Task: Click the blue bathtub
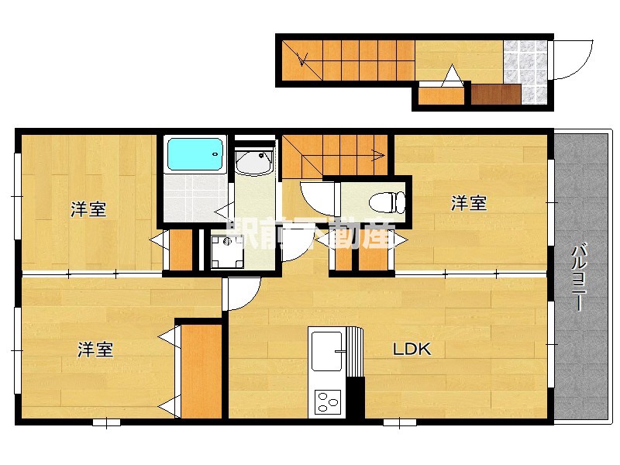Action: point(195,154)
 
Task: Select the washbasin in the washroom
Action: point(253,163)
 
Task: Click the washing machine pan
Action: point(228,250)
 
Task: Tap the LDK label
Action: point(412,349)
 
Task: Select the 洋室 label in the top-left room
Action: point(88,209)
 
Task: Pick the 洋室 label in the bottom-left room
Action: point(95,350)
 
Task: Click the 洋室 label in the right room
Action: point(469,203)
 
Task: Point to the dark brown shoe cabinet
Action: point(495,95)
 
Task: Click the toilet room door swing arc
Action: point(316,197)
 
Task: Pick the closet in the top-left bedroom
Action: point(181,250)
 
